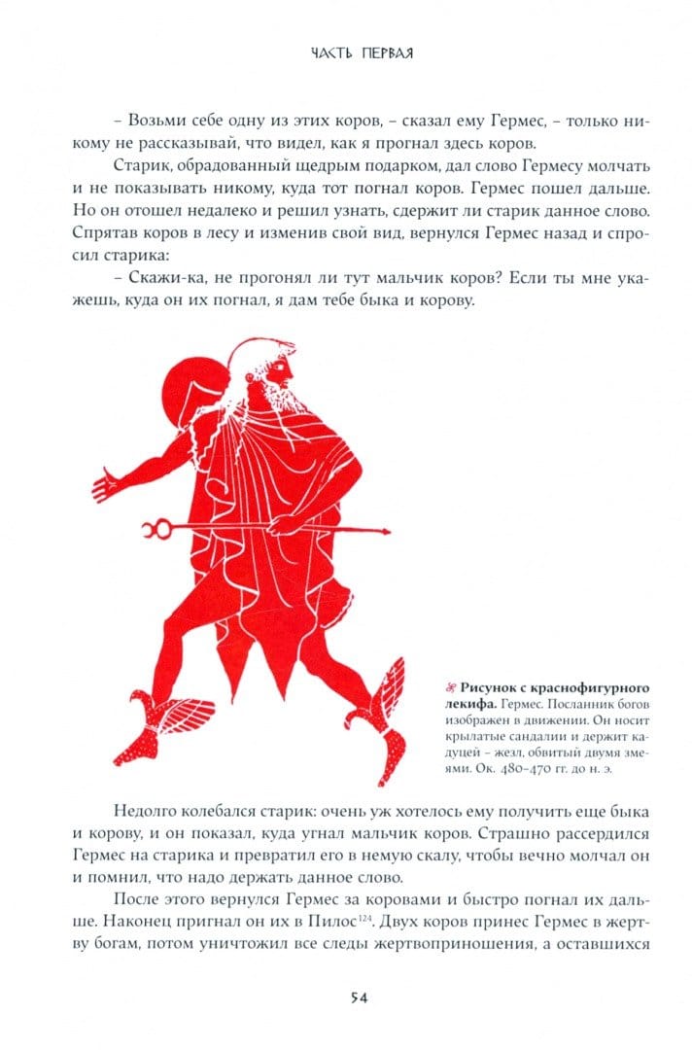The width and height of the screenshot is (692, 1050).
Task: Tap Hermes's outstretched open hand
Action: tap(106, 479)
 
